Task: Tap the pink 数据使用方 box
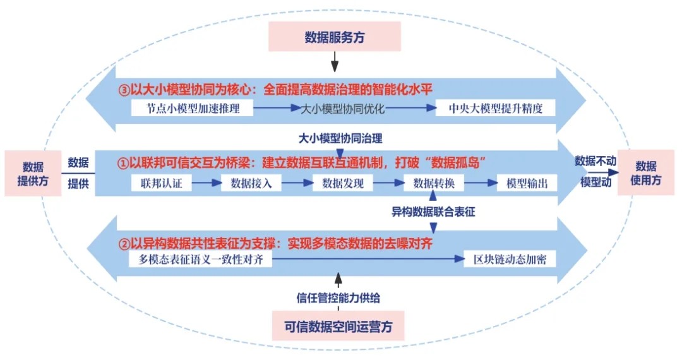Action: tap(645, 172)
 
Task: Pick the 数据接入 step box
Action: tap(249, 184)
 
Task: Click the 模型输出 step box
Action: tap(527, 184)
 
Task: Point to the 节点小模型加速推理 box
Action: tap(192, 108)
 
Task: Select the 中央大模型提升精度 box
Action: tap(496, 108)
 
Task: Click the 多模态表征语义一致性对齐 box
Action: tap(201, 260)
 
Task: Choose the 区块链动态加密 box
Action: tap(510, 260)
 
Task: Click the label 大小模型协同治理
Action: tap(340, 138)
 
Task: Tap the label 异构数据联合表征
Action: tap(433, 212)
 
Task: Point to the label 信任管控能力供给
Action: tap(338, 297)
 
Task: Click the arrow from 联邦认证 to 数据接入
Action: tap(206, 184)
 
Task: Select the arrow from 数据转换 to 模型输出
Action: tap(481, 184)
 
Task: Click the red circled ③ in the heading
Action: tap(124, 89)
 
